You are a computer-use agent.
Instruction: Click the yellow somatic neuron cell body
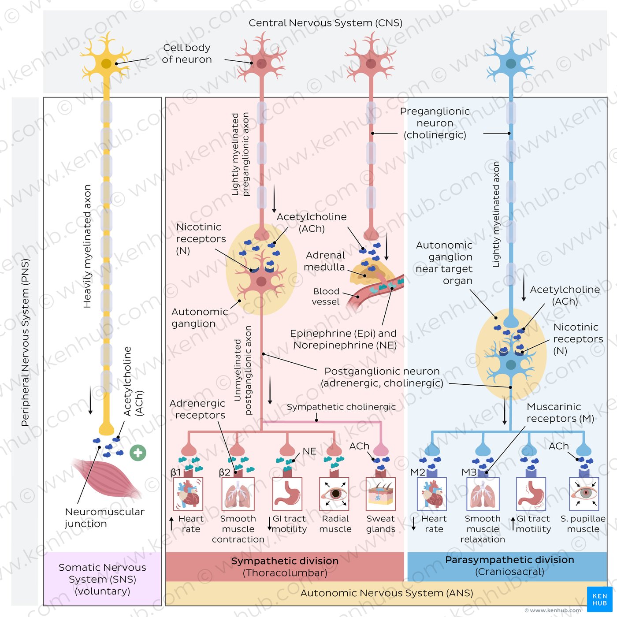(x=106, y=63)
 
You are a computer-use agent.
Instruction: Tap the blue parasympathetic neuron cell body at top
(x=511, y=63)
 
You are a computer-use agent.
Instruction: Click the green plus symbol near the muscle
(x=138, y=453)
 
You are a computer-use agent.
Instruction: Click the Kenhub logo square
(x=599, y=599)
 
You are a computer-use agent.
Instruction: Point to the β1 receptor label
(x=176, y=472)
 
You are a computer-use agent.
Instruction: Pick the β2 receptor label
(x=224, y=472)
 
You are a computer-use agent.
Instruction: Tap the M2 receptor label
(x=417, y=472)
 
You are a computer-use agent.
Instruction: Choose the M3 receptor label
(x=469, y=472)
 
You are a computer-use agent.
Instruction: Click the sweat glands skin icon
(x=381, y=494)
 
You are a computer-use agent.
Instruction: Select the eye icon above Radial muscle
(x=334, y=494)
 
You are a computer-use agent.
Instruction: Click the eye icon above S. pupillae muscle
(x=584, y=494)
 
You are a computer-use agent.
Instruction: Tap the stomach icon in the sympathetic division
(x=287, y=494)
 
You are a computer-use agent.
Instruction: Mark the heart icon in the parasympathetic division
(x=432, y=494)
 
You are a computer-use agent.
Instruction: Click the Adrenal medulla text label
(x=325, y=261)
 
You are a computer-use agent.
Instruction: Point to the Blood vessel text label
(x=326, y=297)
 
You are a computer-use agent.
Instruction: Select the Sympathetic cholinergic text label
(x=341, y=407)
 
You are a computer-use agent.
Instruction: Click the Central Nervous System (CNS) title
(x=325, y=23)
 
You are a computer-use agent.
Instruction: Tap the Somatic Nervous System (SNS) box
(x=102, y=579)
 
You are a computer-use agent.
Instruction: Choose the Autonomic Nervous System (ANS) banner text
(x=387, y=593)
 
